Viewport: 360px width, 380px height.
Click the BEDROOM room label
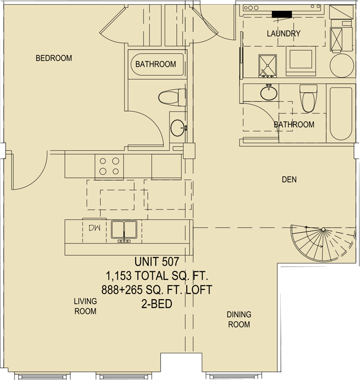pos(54,58)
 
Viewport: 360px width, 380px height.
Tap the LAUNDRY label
pos(284,33)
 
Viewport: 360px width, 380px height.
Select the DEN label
pos(289,180)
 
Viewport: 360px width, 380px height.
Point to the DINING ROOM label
pos(239,319)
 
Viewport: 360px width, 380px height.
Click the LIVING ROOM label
pos(85,306)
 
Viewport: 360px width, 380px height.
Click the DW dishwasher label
pos(95,228)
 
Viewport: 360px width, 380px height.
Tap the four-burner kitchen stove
pos(109,166)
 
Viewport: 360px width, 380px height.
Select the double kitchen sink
pos(124,230)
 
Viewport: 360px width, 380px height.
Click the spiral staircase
pos(323,243)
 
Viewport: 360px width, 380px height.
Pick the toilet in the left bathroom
pos(172,97)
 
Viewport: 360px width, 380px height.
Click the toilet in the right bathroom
pos(308,98)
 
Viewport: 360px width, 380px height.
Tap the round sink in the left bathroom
pos(178,128)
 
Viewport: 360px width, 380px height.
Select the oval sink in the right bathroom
pos(269,93)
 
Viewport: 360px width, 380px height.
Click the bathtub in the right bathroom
pos(341,114)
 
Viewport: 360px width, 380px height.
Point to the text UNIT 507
pos(157,262)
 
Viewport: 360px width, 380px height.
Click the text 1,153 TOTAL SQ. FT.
pos(157,276)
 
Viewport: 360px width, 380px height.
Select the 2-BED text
pos(157,304)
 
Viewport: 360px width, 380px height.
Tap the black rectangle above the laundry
pos(282,14)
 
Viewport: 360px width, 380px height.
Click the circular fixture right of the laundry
pos(341,66)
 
